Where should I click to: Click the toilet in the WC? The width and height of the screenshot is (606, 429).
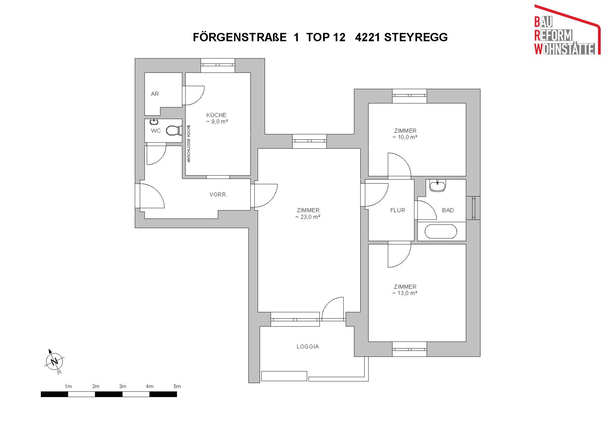tap(174, 130)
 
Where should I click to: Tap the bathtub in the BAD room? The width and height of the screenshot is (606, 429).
tap(441, 231)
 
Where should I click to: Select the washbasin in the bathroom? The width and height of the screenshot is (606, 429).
tap(438, 186)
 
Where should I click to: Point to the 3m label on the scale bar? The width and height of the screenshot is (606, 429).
tap(123, 386)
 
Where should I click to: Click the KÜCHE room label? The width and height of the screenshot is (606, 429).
tap(216, 115)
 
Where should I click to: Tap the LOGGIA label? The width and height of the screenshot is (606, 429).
tap(308, 347)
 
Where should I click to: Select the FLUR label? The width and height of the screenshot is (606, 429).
tap(397, 210)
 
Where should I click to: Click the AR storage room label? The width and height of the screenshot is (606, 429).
tap(155, 94)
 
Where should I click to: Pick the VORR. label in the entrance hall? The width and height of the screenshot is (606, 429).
tap(218, 195)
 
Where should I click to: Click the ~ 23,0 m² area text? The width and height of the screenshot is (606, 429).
tap(308, 217)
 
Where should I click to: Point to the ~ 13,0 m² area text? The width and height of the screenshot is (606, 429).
tap(405, 293)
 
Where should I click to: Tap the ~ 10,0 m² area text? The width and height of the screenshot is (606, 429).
tap(405, 137)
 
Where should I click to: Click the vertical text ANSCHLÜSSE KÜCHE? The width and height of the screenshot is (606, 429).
tap(189, 143)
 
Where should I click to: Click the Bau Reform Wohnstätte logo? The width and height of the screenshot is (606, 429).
tap(567, 30)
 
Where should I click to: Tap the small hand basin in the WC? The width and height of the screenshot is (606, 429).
tap(154, 122)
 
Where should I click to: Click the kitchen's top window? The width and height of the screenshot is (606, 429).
tap(218, 65)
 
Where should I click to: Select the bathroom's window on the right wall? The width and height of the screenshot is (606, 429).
tap(473, 208)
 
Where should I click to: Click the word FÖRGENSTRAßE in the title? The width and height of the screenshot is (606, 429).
tap(240, 37)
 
